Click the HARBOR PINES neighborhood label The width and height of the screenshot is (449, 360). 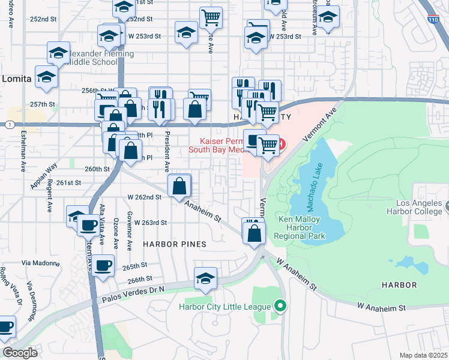[174, 244]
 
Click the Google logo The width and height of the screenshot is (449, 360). [20, 353]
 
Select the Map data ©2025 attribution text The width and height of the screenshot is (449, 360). [423, 355]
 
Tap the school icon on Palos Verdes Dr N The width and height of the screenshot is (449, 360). [205, 278]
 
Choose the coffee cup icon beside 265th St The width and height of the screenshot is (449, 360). [103, 264]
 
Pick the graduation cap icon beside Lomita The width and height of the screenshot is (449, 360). [46, 76]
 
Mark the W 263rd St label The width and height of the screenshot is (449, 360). [151, 222]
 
